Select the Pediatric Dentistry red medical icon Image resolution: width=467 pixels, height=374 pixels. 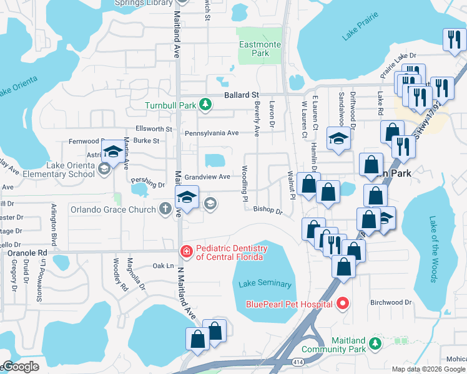pyautogui.click(x=185, y=252)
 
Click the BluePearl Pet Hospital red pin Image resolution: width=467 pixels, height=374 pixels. pyautogui.click(x=342, y=304)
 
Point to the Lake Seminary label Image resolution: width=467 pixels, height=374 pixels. pyautogui.click(x=265, y=284)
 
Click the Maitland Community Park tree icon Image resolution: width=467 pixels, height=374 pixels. pyautogui.click(x=375, y=343)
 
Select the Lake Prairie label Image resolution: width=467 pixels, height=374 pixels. pyautogui.click(x=360, y=31)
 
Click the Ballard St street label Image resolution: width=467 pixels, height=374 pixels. pyautogui.click(x=242, y=95)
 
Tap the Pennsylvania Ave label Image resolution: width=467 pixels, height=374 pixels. pyautogui.click(x=212, y=133)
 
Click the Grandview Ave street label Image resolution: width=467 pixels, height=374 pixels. pyautogui.click(x=207, y=177)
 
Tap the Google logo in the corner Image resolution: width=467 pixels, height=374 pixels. pyautogui.click(x=20, y=367)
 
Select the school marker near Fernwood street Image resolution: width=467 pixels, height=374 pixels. pyautogui.click(x=113, y=151)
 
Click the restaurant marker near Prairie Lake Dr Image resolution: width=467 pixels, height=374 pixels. pyautogui.click(x=452, y=40)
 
